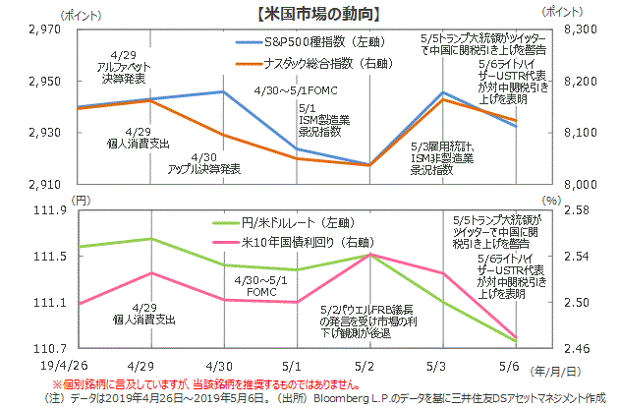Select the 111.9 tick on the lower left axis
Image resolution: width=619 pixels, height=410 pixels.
49,209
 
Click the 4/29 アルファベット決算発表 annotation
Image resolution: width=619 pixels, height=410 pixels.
125,66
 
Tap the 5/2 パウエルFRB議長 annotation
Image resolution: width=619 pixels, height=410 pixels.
362,321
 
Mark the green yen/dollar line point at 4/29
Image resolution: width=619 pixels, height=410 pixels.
149,239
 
